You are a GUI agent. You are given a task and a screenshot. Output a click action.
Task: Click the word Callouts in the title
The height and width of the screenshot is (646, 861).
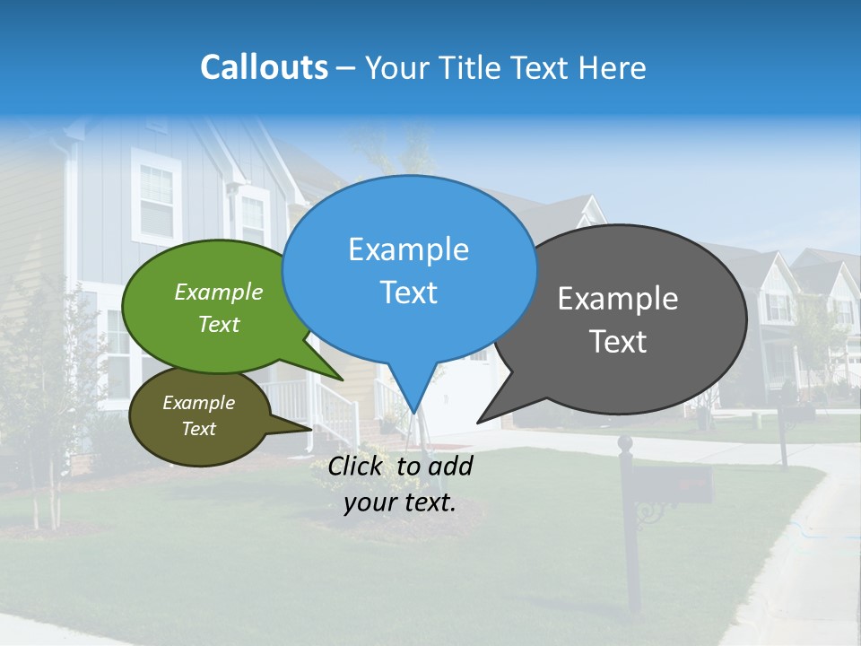(x=264, y=67)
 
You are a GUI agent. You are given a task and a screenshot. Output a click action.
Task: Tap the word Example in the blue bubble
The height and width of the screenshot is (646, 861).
(x=408, y=249)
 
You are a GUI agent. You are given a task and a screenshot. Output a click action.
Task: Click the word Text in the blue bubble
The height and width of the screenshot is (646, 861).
(x=408, y=292)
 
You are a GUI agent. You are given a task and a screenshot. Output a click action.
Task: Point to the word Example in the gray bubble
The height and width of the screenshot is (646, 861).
(x=618, y=299)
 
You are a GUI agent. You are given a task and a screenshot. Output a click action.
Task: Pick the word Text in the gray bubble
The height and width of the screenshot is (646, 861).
(x=618, y=342)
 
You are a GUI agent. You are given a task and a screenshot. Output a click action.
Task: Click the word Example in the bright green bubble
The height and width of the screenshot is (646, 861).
(x=219, y=292)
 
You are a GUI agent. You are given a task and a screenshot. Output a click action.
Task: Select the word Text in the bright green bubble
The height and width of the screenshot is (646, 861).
(x=219, y=325)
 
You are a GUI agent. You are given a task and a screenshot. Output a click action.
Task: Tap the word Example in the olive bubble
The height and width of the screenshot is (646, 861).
(x=199, y=403)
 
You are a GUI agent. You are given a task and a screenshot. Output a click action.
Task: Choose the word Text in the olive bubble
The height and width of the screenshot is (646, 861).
(x=199, y=429)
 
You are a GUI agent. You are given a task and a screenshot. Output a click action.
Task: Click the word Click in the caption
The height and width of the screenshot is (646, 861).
(x=358, y=466)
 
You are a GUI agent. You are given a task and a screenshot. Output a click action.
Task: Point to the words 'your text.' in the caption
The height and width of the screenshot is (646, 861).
(x=400, y=502)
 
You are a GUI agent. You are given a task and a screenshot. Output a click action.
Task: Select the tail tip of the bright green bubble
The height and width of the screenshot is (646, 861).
(x=342, y=380)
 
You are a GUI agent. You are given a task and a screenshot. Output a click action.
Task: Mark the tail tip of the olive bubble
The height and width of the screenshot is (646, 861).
(x=310, y=429)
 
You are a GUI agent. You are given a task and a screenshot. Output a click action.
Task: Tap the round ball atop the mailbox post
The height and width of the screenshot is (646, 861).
(x=625, y=442)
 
